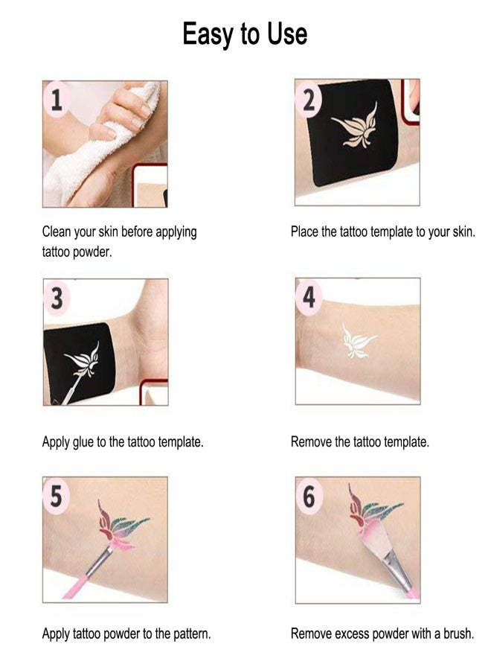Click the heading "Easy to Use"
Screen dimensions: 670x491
[245, 34]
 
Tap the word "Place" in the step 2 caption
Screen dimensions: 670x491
[305, 232]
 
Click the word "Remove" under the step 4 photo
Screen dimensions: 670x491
[311, 442]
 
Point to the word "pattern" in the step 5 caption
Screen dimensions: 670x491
[190, 634]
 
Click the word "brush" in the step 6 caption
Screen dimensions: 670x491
[458, 634]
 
